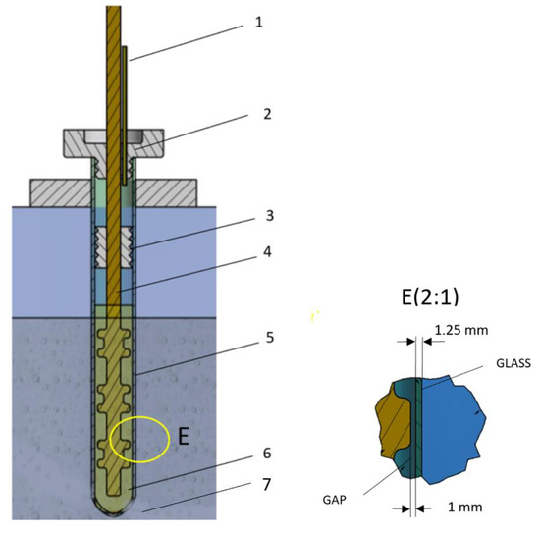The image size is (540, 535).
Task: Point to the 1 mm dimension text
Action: tap(449, 508)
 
